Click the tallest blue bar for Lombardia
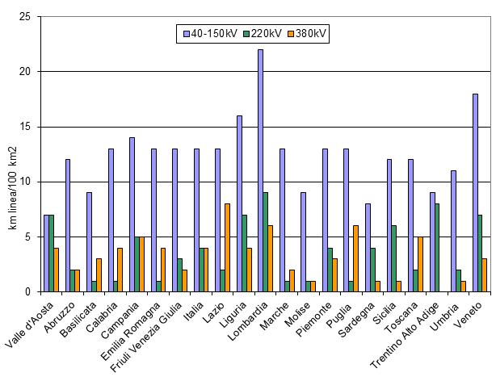261,170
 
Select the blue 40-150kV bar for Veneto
475,193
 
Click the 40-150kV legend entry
212,34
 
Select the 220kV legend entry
263,34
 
